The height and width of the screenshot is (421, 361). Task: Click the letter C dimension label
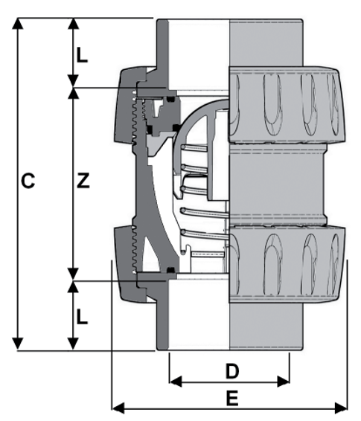tap(27, 181)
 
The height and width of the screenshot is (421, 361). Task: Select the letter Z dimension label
tap(83, 181)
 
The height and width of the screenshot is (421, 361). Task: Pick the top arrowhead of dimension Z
tap(73, 94)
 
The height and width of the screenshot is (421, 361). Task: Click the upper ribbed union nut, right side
tap(287, 104)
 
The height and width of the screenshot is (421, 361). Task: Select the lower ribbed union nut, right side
tap(287, 265)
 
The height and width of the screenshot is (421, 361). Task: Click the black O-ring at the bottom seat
tap(170, 269)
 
